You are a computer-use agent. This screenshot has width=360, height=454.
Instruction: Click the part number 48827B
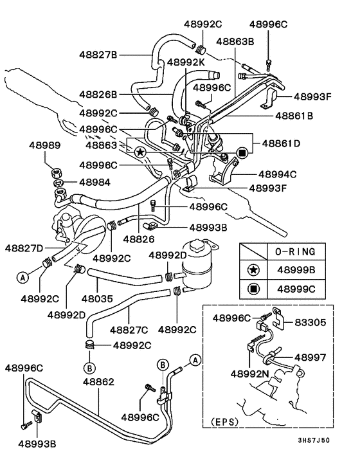[x=98, y=55]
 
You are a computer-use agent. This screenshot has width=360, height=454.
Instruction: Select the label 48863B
[x=235, y=41]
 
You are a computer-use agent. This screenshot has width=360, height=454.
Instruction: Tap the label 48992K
[x=186, y=62]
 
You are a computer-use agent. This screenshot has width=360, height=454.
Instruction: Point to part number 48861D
[x=281, y=143]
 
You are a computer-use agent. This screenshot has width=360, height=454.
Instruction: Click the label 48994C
[x=278, y=174]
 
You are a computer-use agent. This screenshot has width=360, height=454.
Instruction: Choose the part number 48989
[x=44, y=145]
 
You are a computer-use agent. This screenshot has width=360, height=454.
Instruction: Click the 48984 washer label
[x=94, y=183]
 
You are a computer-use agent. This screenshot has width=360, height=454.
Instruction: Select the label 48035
[x=97, y=298]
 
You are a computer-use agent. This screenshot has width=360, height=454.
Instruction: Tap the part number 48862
[x=99, y=382]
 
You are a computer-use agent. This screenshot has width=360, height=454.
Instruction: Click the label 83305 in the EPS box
[x=310, y=322]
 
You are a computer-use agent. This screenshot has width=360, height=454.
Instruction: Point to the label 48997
[x=310, y=358]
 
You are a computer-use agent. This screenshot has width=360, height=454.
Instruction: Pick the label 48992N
[x=249, y=374]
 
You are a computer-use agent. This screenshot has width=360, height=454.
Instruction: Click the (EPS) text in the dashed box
[x=224, y=421]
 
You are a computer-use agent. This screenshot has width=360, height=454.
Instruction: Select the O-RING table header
[x=295, y=251]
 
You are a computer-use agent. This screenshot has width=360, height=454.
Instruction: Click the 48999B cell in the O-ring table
[x=296, y=270]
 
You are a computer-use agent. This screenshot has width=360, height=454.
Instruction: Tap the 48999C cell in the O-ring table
[x=296, y=289]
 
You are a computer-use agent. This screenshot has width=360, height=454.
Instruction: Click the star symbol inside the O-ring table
[x=253, y=270]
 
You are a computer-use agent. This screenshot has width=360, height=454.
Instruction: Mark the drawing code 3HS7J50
[x=314, y=440]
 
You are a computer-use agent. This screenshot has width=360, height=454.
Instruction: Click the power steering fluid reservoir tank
[x=198, y=265]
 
